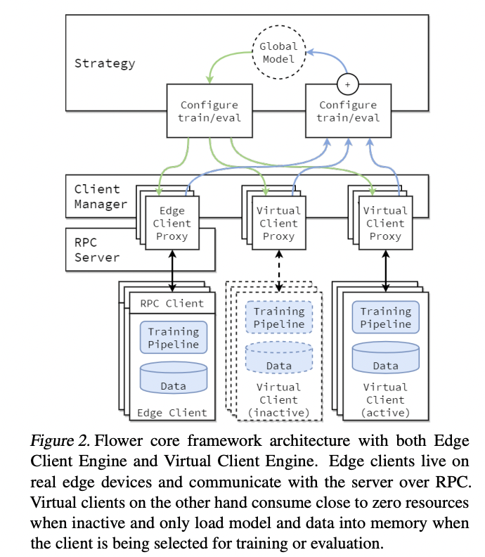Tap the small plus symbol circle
(347, 84)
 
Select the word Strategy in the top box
(105, 63)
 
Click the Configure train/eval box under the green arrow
(209, 111)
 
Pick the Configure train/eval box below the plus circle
(348, 111)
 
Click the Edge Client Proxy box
(172, 224)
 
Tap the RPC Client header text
(172, 304)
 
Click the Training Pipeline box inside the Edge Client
(173, 338)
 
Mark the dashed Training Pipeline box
(279, 318)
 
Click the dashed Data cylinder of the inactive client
(279, 358)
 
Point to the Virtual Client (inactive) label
(279, 399)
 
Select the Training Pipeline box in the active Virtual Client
(385, 317)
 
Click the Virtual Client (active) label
(385, 399)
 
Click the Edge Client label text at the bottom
(173, 413)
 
